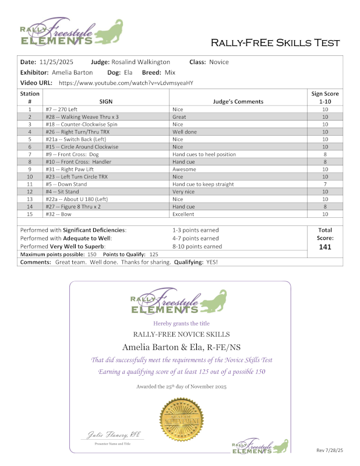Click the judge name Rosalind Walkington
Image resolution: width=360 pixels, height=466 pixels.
coord(140,62)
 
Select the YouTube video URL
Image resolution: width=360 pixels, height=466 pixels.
coord(126,83)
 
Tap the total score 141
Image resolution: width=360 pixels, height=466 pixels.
coord(325,246)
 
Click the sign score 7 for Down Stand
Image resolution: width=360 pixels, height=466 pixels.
coord(325,184)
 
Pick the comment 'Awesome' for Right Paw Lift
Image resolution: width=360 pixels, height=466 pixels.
coord(184,169)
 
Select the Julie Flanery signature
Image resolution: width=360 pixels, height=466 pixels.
coord(111,435)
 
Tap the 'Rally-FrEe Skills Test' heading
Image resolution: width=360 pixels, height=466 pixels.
coord(276,43)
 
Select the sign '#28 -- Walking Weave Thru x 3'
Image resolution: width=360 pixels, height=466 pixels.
coord(80,116)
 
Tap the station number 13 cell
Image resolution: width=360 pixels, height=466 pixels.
coord(30,199)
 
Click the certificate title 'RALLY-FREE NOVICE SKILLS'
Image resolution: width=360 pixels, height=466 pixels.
coord(182,334)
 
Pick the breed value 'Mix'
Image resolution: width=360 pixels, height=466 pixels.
coord(170,72)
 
